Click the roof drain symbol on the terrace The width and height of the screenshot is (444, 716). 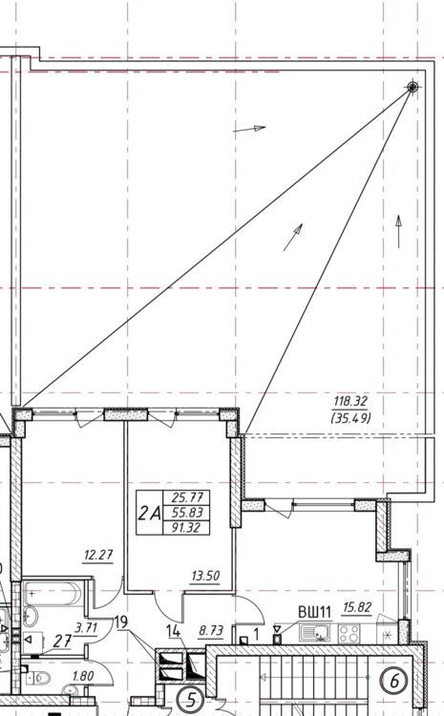[412, 87]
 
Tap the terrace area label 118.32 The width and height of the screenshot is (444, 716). [350, 402]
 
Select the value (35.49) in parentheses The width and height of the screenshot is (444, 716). [350, 418]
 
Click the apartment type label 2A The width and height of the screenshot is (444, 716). [150, 514]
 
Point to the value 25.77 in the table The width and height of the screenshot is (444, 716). [186, 496]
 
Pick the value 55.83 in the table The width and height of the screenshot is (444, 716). [186, 513]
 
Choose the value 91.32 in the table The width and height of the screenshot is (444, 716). [186, 528]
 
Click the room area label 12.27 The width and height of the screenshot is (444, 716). [98, 556]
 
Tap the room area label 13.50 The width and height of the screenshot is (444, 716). [205, 576]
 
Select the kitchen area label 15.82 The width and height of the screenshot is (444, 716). [357, 608]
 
